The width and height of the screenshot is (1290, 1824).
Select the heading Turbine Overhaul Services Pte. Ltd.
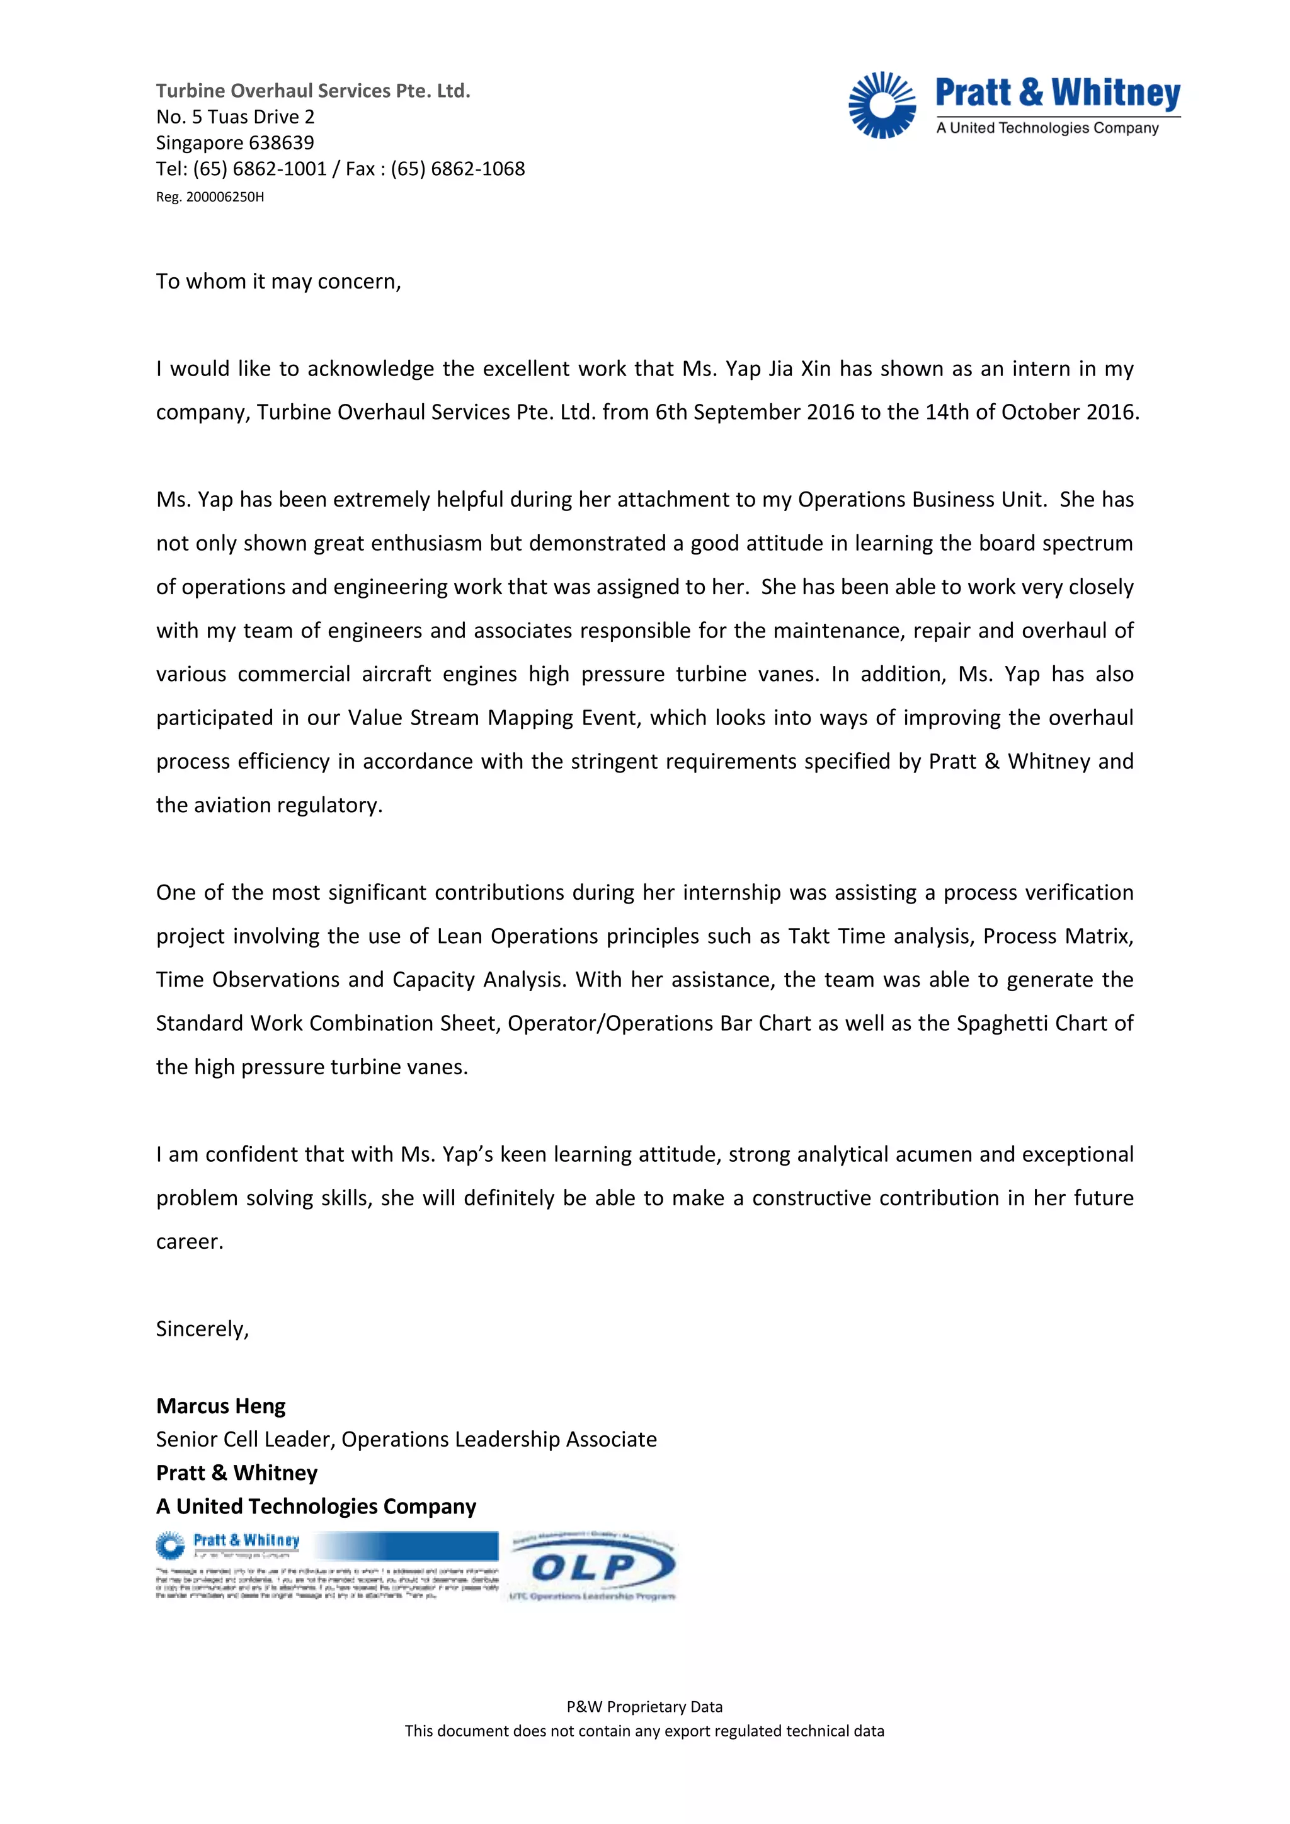[313, 91]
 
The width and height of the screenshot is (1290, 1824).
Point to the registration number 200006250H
[225, 197]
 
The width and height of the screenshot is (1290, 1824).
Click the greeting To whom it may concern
[278, 282]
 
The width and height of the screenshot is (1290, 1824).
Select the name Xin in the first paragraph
[815, 369]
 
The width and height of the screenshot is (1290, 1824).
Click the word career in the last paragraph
[189, 1242]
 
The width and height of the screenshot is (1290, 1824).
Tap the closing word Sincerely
[202, 1329]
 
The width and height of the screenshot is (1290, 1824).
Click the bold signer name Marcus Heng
[221, 1406]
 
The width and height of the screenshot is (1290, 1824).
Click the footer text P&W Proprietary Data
[644, 1706]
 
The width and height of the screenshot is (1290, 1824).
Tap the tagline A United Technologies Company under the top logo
[1047, 128]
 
